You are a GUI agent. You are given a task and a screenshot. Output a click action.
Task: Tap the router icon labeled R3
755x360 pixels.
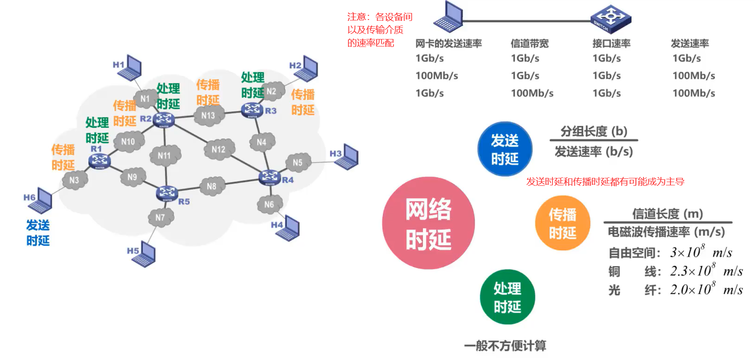(252, 110)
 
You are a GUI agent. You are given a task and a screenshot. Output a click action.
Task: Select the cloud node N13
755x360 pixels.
(208, 115)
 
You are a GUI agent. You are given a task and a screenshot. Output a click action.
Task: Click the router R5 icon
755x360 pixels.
(167, 193)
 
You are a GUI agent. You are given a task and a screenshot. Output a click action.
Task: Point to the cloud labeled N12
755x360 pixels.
(218, 149)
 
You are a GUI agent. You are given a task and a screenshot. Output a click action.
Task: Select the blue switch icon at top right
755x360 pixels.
(611, 19)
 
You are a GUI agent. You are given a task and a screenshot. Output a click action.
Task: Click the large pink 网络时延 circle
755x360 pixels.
(428, 223)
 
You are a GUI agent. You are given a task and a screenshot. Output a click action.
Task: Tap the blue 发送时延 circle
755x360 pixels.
(505, 149)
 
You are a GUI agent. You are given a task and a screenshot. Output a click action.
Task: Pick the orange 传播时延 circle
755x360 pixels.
(563, 223)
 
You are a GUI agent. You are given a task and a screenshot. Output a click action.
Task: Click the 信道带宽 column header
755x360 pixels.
(530, 44)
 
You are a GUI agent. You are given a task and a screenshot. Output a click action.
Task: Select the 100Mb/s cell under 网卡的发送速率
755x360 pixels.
(437, 76)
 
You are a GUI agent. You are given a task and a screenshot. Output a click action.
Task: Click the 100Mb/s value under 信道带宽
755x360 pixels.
(532, 93)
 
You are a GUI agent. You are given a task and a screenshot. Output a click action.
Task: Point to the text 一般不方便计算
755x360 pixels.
(505, 346)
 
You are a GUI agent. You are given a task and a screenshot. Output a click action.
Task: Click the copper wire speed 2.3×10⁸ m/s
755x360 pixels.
(706, 271)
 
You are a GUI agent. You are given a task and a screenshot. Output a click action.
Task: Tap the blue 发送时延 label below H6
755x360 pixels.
(38, 233)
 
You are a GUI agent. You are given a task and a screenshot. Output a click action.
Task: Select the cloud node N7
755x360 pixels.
(160, 217)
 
